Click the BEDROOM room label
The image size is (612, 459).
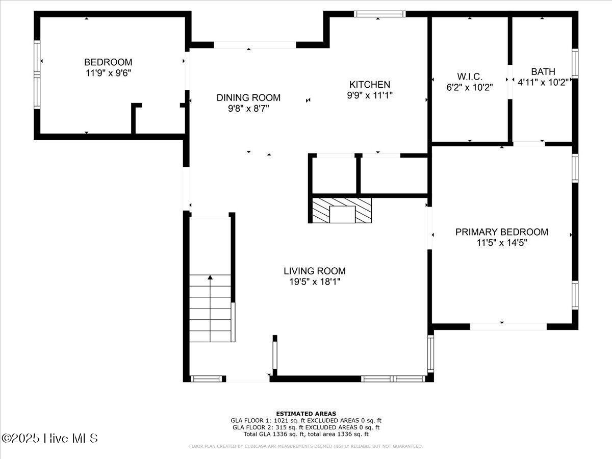click(x=108, y=62)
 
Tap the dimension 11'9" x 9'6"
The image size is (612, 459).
click(x=108, y=73)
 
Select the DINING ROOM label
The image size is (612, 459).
click(x=248, y=97)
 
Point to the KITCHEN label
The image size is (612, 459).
click(x=369, y=84)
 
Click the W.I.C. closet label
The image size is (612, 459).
click(x=469, y=76)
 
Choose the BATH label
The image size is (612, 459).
click(x=543, y=71)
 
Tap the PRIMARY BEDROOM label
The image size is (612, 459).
click(x=501, y=232)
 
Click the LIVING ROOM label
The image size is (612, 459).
click(x=314, y=271)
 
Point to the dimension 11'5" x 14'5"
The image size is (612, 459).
click(x=501, y=243)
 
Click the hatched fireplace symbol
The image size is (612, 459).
click(x=342, y=210)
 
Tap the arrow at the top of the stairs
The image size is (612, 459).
click(x=210, y=277)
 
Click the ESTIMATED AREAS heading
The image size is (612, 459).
click(x=306, y=414)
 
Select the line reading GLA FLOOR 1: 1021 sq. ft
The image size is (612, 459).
click(x=306, y=421)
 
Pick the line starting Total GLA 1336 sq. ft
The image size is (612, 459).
click(x=306, y=434)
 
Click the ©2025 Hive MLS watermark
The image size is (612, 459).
click(x=49, y=438)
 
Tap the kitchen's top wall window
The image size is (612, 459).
click(x=380, y=14)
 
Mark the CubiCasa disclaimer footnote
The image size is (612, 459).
click(x=306, y=446)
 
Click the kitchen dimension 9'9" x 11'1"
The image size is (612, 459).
click(x=369, y=95)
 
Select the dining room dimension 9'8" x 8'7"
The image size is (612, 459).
click(x=248, y=108)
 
